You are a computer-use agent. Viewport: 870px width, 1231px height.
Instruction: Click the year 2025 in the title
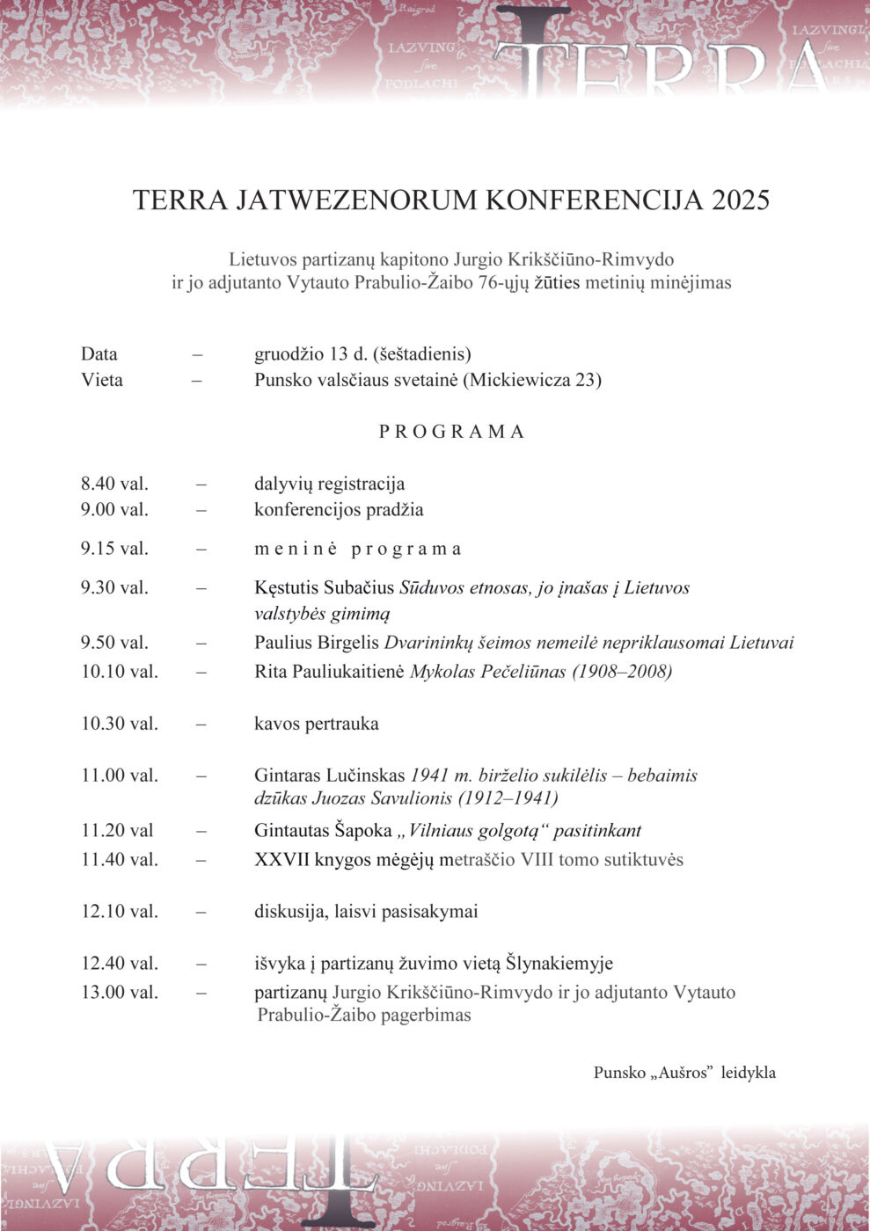click(x=741, y=200)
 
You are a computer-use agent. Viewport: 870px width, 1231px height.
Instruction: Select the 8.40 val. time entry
click(x=114, y=484)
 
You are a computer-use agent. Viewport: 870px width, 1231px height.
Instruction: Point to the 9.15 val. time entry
click(x=114, y=549)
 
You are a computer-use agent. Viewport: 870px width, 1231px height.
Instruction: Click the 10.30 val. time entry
click(x=120, y=724)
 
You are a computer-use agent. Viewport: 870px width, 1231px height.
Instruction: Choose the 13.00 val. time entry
click(x=120, y=993)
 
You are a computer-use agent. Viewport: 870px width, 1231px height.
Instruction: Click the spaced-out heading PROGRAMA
click(x=451, y=432)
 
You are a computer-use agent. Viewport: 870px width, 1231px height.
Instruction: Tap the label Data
click(x=99, y=354)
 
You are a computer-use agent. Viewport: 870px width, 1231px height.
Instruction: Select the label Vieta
click(x=102, y=380)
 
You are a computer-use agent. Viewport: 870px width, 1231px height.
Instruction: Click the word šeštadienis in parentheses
click(x=422, y=354)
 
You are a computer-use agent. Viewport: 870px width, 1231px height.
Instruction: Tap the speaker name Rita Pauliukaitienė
click(x=329, y=672)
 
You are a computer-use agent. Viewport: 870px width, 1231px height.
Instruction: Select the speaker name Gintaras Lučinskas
click(x=330, y=776)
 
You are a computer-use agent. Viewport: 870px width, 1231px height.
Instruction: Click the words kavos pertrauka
click(x=317, y=724)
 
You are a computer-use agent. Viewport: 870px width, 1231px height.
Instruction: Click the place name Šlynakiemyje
click(x=559, y=964)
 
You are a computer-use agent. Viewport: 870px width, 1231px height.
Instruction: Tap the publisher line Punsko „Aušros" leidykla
click(x=684, y=1073)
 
